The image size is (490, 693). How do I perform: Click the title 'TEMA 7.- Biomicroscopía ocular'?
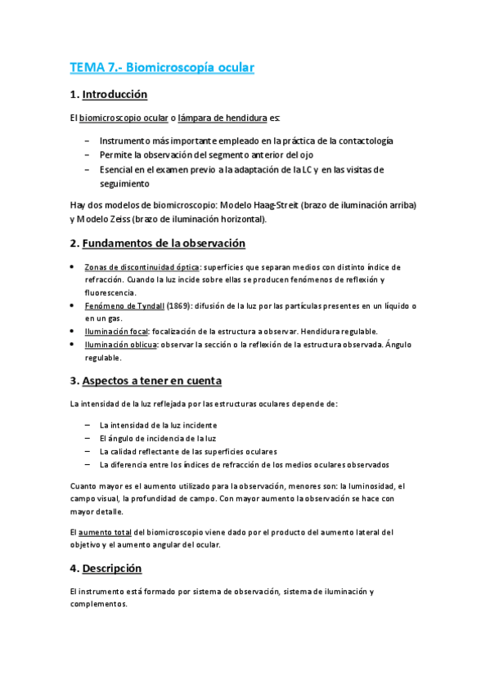tap(163, 67)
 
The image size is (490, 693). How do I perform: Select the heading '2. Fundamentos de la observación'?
tap(158, 244)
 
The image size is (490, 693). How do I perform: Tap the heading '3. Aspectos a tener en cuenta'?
tap(146, 381)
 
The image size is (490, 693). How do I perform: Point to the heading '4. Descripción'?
tap(106, 568)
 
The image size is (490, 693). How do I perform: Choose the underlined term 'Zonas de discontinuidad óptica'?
tap(141, 267)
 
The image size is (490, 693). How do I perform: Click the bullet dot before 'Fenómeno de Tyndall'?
tap(74, 306)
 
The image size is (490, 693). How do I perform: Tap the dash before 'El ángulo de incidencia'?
tap(87, 438)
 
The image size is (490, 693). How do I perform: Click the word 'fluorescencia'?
tap(110, 292)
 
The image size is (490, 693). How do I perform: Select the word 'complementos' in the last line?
tap(99, 604)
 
